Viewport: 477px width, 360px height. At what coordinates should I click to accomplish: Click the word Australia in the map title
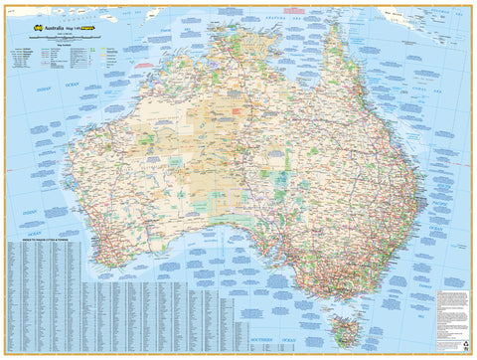coord(62,29)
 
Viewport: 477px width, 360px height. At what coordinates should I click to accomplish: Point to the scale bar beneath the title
coord(70,37)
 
